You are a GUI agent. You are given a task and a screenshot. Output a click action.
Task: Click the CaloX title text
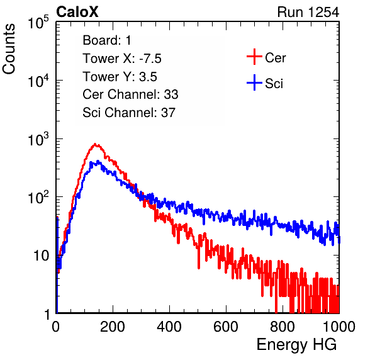tap(77, 12)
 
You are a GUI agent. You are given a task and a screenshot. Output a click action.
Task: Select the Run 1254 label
tap(308, 12)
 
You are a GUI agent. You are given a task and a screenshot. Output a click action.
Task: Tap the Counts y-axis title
tap(9, 49)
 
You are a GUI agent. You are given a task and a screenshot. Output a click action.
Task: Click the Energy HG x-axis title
tap(296, 345)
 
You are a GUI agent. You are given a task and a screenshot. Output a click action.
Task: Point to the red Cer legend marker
tap(254, 57)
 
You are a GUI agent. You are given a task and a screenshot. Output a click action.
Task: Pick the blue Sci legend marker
tap(254, 83)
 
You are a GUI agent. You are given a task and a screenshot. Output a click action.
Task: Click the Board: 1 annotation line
tap(107, 40)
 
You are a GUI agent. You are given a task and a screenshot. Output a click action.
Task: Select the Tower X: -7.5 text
tap(122, 59)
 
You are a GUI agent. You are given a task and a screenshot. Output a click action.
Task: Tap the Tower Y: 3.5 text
tap(120, 77)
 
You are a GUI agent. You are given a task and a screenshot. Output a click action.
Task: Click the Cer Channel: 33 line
tap(130, 94)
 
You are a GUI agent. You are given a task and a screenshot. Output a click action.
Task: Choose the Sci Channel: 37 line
tap(129, 113)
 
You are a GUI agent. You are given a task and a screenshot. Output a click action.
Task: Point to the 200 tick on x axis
tap(113, 327)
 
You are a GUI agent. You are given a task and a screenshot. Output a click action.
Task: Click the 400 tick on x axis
tap(169, 327)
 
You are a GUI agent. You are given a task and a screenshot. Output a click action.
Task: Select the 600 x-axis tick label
tap(226, 327)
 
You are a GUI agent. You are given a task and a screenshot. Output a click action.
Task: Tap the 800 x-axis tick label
tap(283, 327)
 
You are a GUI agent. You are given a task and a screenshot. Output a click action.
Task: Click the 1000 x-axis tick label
tap(339, 327)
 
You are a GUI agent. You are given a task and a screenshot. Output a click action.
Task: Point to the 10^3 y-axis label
tap(38, 140)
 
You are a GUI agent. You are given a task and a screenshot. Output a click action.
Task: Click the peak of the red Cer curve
tap(95, 144)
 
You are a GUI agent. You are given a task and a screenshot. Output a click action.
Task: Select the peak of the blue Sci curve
tap(98, 161)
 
